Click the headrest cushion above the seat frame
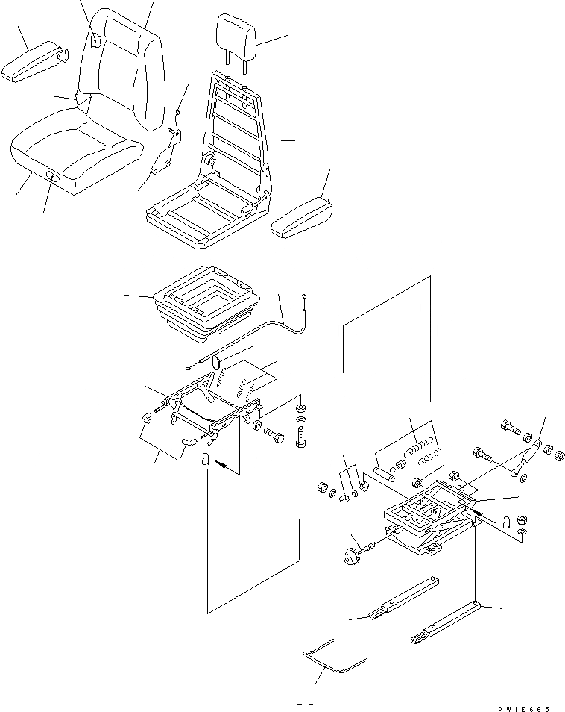pos(236,34)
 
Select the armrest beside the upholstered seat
pos(34,63)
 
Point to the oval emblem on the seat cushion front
pos(54,177)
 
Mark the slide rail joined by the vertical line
pos(444,620)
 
